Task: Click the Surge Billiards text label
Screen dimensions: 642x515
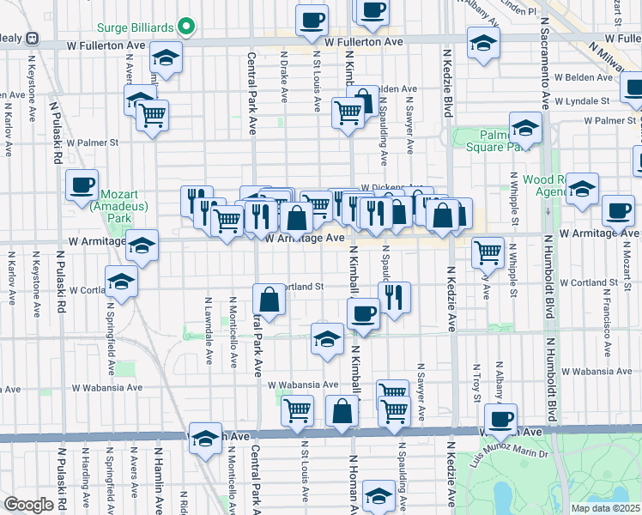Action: click(135, 26)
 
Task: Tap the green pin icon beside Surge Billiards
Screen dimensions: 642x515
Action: click(184, 26)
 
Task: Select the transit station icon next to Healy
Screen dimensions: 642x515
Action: click(32, 38)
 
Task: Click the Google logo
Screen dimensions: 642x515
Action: click(28, 505)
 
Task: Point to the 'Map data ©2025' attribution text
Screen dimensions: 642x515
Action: click(606, 508)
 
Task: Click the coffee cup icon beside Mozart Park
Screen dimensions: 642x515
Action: click(82, 185)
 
